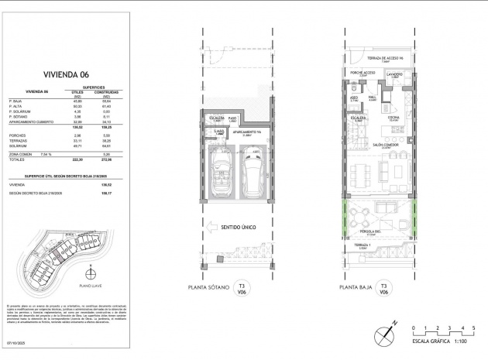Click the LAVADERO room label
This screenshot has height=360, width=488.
pyautogui.click(x=393, y=74)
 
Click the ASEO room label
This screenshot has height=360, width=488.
pyautogui.click(x=353, y=98)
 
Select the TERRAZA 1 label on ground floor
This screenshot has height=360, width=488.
pyautogui.click(x=363, y=245)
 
